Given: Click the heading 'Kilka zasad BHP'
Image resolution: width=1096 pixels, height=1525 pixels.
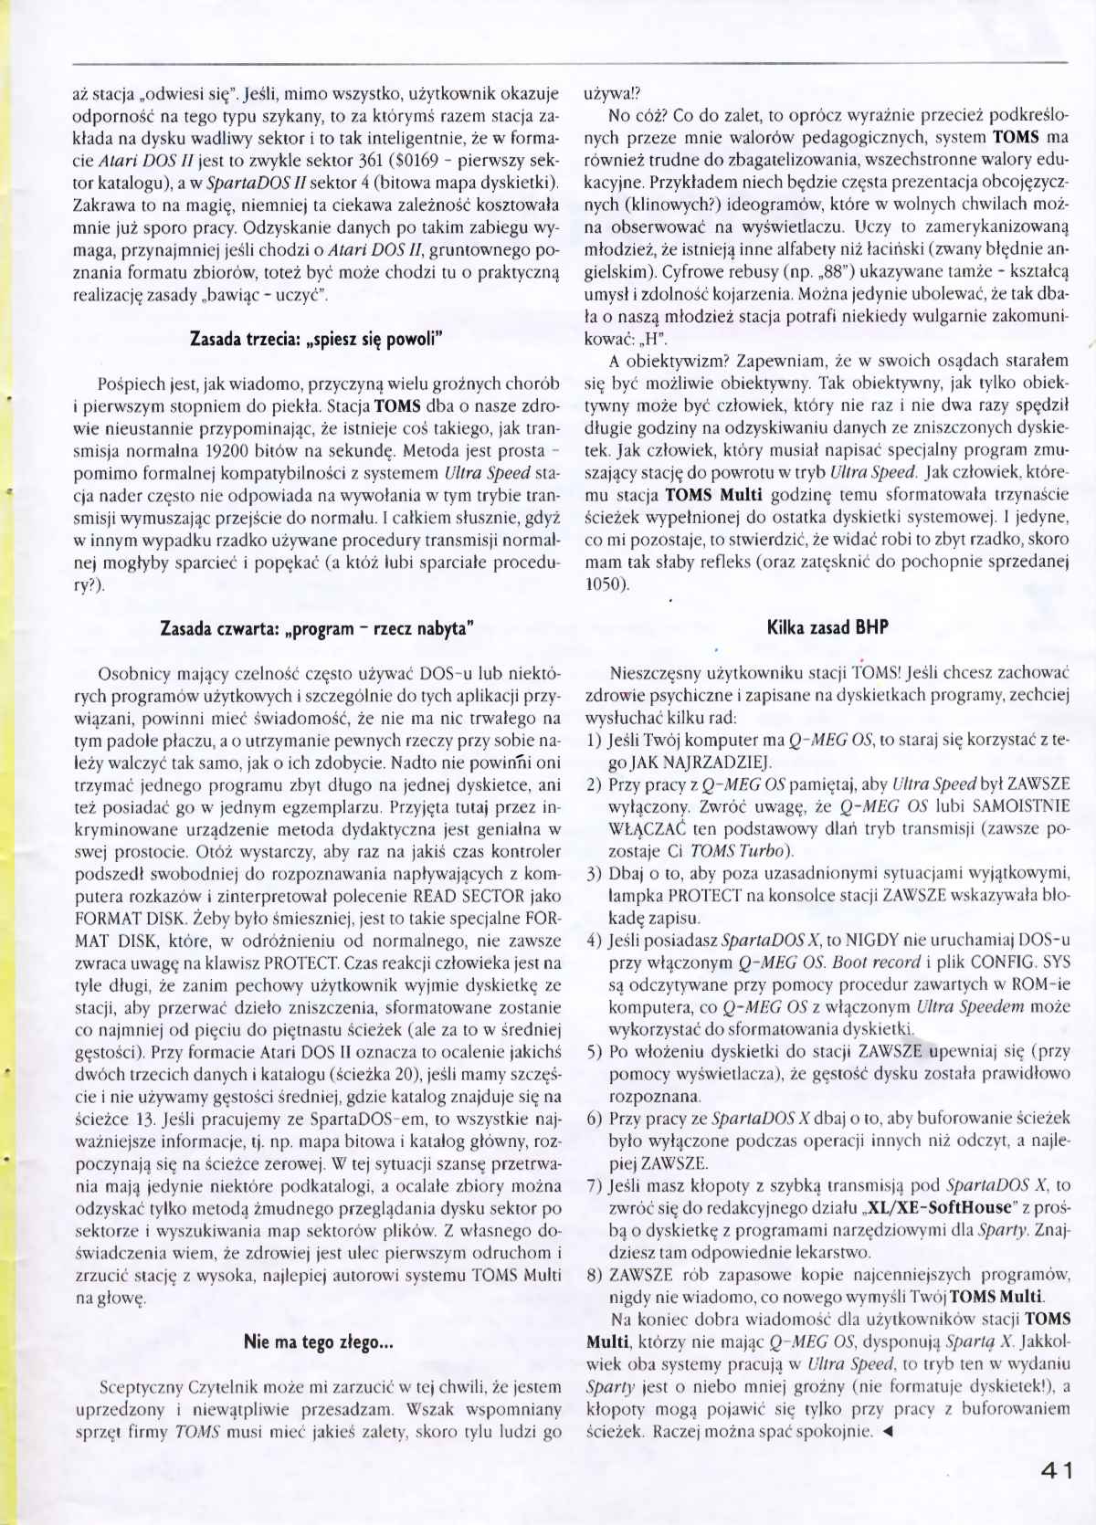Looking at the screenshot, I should tap(827, 627).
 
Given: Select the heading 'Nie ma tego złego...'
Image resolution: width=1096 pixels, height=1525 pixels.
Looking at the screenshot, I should tap(318, 1341).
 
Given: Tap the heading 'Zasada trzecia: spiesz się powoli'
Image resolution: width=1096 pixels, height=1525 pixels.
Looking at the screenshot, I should tap(316, 339).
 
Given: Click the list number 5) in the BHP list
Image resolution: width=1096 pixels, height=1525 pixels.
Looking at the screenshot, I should tap(594, 1052).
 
